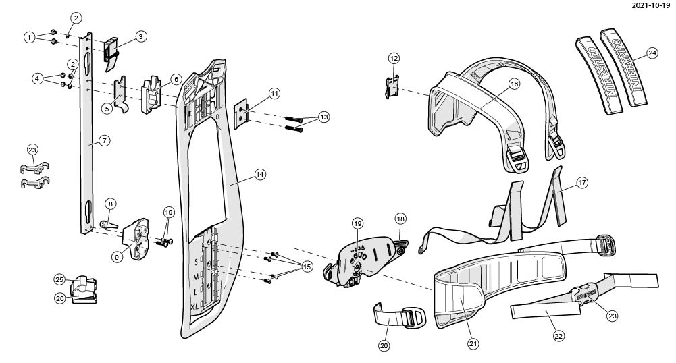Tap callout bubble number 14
coord(259,174)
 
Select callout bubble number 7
coord(104,140)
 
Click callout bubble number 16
coord(514,84)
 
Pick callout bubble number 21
coord(473,343)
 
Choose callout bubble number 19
coord(357,223)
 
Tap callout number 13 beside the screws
coord(324,117)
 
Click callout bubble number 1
coord(29,37)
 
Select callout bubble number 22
coord(558,335)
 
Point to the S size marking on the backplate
coord(196,260)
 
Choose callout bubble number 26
coord(60,298)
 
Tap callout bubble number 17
coord(581,181)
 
